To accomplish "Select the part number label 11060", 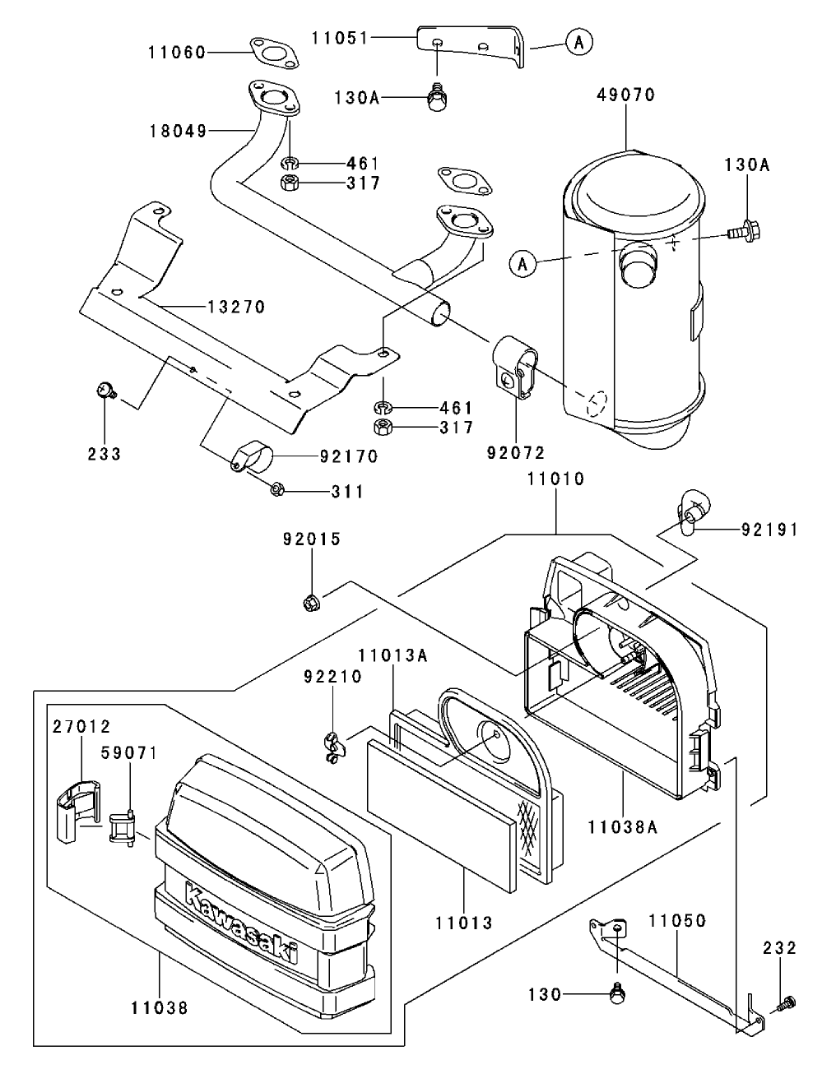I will pos(178,53).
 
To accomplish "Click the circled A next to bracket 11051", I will pos(578,43).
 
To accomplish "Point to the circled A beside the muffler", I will pos(522,263).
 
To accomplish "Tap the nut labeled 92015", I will pos(312,603).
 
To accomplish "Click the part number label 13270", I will pos(236,308).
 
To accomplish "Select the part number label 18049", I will pos(178,130).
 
